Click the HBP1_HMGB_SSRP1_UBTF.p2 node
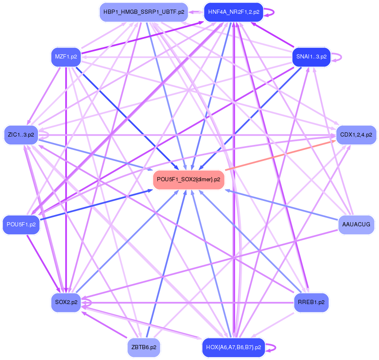pos(144,12)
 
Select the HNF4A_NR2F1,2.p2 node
pos(233,12)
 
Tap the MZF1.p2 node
pos(66,57)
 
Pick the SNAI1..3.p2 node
pos(311,57)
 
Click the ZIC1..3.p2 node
pos(21,135)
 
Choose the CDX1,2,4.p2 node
pos(356,135)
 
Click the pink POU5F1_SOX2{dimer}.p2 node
pos(189,180)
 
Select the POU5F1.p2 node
pos(21,225)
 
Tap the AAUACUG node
pos(356,225)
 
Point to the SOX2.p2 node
pos(66,302)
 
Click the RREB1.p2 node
pos(311,302)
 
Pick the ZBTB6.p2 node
pos(144,347)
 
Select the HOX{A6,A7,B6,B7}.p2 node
pos(233,347)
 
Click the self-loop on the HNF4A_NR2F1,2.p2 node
pos(269,12)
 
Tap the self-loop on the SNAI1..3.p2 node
pos(336,57)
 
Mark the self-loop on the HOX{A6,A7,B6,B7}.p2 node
pos(271,347)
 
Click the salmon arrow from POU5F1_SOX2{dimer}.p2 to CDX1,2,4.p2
pos(280,155)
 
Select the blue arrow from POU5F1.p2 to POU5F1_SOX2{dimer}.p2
pos(96,205)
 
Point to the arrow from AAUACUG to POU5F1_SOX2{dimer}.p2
pos(281,205)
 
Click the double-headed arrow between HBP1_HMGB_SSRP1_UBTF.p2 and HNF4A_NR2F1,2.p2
pos(196,12)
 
